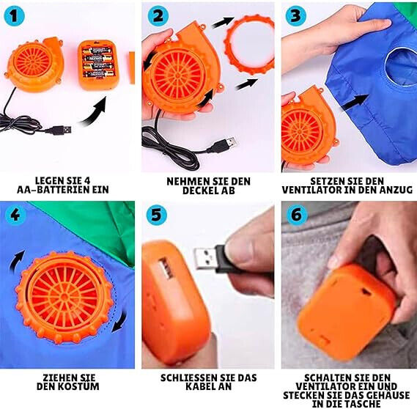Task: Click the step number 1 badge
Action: (14, 17)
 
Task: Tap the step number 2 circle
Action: (158, 17)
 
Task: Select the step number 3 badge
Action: (295, 16)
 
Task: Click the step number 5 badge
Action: (157, 214)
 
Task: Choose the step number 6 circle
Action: (297, 215)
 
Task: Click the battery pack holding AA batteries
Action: (96, 65)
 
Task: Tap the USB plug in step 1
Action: (63, 130)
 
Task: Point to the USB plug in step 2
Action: (226, 145)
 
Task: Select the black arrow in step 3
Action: (355, 102)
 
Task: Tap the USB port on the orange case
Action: (166, 269)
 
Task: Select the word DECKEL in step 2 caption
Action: (202, 191)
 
